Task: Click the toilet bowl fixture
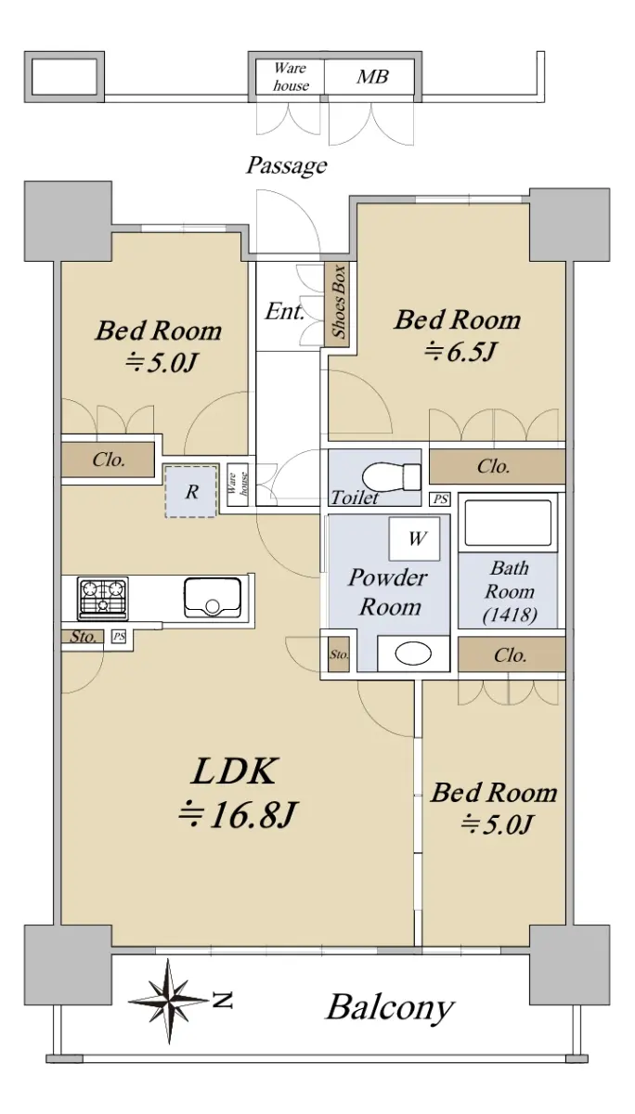pos(392,477)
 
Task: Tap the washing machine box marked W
pos(414,538)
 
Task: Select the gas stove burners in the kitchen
pos(103,598)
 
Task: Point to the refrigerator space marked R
pos(191,491)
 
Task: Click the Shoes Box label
pos(339,302)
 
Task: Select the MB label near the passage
pos(372,76)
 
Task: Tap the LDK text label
pos(233,771)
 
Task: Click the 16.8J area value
pos(238,815)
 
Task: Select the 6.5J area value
pos(460,352)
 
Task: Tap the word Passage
pos(287,165)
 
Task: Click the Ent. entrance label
pos(284,311)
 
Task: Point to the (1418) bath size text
pos(511,615)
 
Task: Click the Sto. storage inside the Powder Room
pos(339,654)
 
